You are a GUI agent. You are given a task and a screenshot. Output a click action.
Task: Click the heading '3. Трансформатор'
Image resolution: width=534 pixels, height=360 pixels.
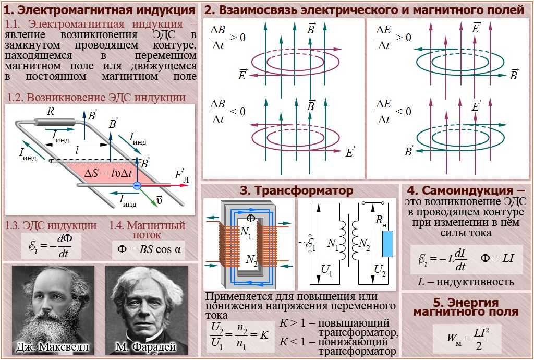click(x=296, y=190)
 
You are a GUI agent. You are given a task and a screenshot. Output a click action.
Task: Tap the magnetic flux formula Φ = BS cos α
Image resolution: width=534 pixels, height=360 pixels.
click(x=149, y=249)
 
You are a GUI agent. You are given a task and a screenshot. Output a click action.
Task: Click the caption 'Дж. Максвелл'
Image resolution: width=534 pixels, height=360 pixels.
click(x=53, y=347)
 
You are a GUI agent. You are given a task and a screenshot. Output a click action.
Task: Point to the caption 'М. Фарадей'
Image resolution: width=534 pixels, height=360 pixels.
click(x=146, y=347)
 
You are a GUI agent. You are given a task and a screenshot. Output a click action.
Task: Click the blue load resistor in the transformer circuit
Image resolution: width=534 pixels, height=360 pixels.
click(x=387, y=244)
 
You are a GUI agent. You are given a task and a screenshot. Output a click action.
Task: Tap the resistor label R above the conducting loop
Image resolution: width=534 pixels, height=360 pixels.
click(x=51, y=111)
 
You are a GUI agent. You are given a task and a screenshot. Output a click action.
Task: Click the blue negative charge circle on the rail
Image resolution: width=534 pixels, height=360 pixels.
click(x=137, y=185)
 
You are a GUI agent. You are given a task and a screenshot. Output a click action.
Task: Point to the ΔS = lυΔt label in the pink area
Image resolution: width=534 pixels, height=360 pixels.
click(x=108, y=173)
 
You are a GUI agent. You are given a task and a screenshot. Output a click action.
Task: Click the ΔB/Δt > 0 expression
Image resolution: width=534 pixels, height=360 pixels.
click(x=227, y=38)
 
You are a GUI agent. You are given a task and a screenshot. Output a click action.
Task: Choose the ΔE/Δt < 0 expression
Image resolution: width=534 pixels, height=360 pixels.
click(x=393, y=112)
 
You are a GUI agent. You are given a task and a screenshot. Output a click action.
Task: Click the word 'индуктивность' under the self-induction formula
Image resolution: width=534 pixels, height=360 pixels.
click(x=475, y=282)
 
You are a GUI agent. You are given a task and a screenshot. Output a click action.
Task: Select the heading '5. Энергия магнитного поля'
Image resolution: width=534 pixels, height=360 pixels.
click(x=466, y=307)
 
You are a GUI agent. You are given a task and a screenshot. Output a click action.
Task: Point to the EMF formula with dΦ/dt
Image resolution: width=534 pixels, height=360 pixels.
click(x=51, y=245)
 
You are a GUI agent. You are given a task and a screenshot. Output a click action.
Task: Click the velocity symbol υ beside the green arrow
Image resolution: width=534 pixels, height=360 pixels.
click(x=159, y=200)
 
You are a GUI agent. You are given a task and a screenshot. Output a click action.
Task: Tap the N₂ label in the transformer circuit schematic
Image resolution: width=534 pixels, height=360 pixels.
click(x=364, y=244)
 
